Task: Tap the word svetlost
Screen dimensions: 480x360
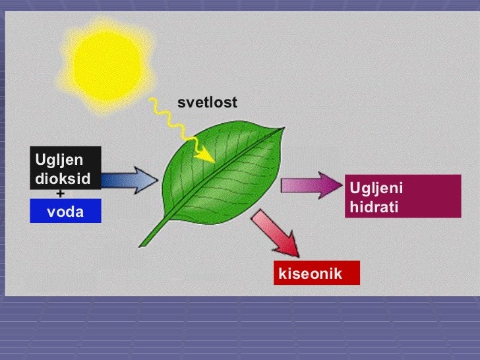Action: (207, 103)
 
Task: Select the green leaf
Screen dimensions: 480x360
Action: (218, 178)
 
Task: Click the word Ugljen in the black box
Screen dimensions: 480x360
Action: (59, 160)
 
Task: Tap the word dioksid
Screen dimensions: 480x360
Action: (63, 179)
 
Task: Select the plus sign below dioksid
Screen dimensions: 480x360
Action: (61, 194)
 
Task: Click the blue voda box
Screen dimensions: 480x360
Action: (65, 211)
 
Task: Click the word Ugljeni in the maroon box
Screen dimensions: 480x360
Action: (376, 189)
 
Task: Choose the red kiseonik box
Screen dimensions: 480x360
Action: (316, 273)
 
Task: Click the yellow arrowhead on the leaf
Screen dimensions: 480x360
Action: (208, 156)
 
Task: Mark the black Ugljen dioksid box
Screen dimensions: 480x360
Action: (65, 168)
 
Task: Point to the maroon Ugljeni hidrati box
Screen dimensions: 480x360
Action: (402, 196)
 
